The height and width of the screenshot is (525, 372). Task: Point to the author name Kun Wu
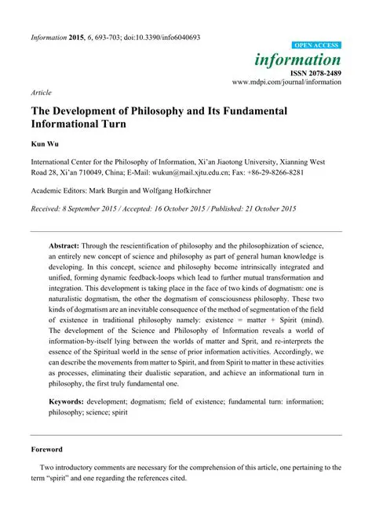coord(46,146)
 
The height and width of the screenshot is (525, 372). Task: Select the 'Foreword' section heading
coord(46,472)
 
